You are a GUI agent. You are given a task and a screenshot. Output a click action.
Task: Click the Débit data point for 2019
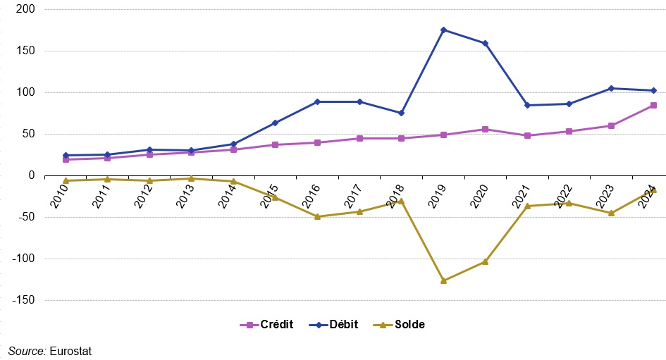point(443,30)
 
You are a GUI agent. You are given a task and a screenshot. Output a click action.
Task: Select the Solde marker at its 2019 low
point(443,280)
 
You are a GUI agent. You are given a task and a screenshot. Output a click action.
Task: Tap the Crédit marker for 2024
point(653,106)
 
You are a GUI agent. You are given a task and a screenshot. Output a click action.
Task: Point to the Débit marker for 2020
point(486,43)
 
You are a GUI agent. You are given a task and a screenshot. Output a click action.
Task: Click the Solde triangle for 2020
point(486,261)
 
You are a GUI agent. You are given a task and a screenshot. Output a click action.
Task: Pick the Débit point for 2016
point(317,101)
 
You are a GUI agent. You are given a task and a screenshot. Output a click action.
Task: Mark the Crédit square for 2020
point(486,129)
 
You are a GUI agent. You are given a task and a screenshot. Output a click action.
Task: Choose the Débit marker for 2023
point(611,88)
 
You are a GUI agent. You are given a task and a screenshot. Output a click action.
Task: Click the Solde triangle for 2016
point(317,216)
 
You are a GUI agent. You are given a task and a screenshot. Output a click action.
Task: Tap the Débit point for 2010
point(66,155)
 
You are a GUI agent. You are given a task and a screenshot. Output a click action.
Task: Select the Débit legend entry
point(337,325)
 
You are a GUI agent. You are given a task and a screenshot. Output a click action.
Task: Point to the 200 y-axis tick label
point(27,10)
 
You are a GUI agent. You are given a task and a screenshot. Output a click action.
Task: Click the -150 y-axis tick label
point(25,301)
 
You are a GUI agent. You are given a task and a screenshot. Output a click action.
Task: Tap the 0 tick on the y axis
point(32,175)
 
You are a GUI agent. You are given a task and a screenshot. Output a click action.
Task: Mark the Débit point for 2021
point(527,105)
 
